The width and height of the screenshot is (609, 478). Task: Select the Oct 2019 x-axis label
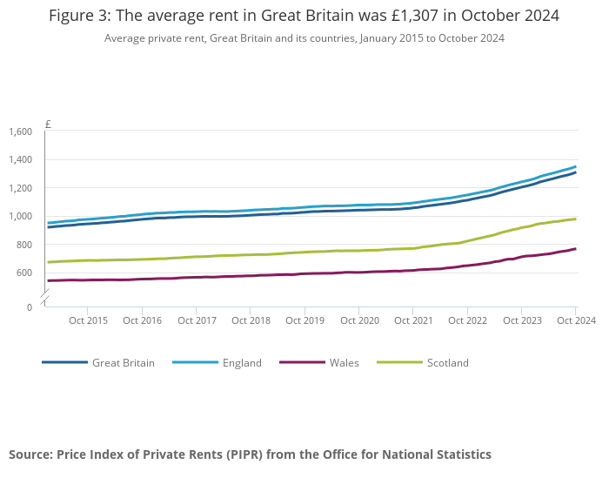coord(305,320)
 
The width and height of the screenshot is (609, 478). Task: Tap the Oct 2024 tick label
coord(575,320)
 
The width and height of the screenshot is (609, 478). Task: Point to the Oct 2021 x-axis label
coord(414,320)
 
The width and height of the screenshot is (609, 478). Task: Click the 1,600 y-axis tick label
coord(20,131)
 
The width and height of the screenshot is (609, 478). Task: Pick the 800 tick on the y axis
coord(23,245)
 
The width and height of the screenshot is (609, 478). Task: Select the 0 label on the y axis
coord(29,306)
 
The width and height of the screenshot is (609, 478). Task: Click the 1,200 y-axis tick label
coord(20,188)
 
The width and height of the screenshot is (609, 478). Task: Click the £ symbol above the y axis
coord(48,125)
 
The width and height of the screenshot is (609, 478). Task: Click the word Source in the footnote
coord(30,454)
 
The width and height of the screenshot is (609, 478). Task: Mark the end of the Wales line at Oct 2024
coord(575,249)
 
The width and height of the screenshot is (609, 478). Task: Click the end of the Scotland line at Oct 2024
coord(575,219)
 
